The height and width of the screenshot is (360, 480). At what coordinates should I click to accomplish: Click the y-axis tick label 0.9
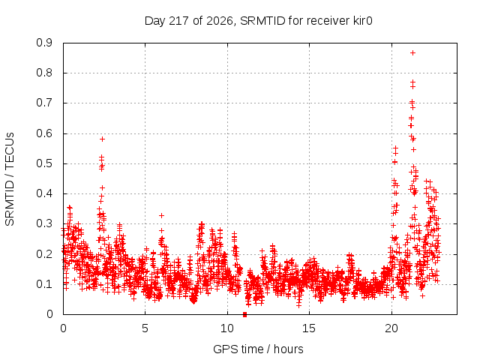(44, 43)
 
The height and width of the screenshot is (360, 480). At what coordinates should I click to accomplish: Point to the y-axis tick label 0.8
(44, 73)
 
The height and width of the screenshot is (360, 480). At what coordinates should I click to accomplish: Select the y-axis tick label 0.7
(44, 103)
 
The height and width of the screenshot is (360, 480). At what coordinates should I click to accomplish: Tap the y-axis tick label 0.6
(44, 133)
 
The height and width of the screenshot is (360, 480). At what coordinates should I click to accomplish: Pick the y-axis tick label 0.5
(44, 163)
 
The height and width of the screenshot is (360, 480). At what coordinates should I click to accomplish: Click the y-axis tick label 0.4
(44, 193)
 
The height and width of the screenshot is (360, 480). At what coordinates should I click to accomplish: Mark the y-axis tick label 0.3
(44, 223)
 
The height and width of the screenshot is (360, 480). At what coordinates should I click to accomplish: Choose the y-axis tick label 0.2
(44, 254)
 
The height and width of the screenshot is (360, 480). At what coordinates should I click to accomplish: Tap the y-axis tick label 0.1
(44, 284)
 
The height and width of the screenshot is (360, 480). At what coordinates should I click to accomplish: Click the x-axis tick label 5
(145, 328)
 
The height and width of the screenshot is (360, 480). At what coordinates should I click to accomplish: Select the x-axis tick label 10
(227, 328)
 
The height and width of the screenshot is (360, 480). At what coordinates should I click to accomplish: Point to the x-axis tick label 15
(309, 328)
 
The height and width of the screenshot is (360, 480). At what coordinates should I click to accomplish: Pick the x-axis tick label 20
(391, 328)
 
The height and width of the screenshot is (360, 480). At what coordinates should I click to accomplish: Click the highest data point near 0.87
(412, 53)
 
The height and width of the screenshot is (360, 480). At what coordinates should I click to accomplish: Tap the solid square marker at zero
(244, 314)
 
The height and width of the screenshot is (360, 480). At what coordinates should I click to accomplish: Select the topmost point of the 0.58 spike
(102, 139)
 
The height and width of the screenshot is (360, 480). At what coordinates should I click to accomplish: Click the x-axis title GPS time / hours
(258, 349)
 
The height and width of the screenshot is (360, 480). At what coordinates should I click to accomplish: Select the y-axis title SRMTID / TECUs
(10, 179)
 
